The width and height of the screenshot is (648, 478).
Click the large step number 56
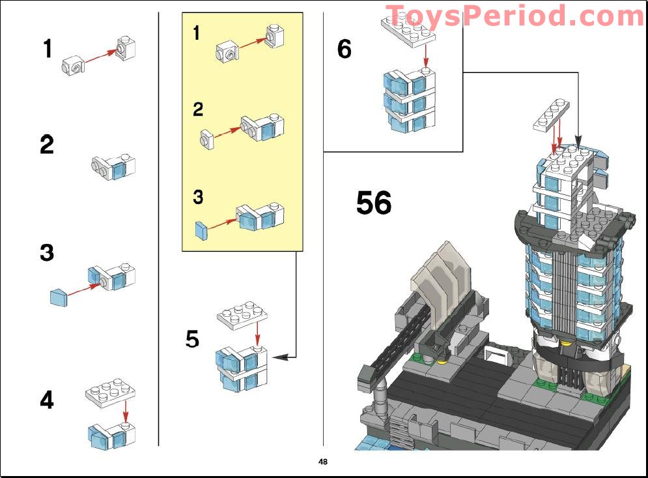coord(374,203)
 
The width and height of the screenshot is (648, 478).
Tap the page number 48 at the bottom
coord(323,462)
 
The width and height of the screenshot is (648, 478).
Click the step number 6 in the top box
coord(345,49)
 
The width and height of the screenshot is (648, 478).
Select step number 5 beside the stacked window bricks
coord(192,339)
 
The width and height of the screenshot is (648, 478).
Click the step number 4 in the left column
coord(47,400)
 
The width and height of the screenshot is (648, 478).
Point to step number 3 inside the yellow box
coord(199,197)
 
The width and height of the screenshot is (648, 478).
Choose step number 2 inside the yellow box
coord(198,110)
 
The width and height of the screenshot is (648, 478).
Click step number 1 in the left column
coord(47,48)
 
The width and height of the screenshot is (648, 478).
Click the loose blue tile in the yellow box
coord(201,230)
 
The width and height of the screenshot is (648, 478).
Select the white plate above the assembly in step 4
coord(110,391)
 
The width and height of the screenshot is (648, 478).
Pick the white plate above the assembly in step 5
coord(242,315)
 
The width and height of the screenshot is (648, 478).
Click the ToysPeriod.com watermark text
coord(514,16)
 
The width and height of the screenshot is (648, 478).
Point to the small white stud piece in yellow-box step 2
coord(208,139)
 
